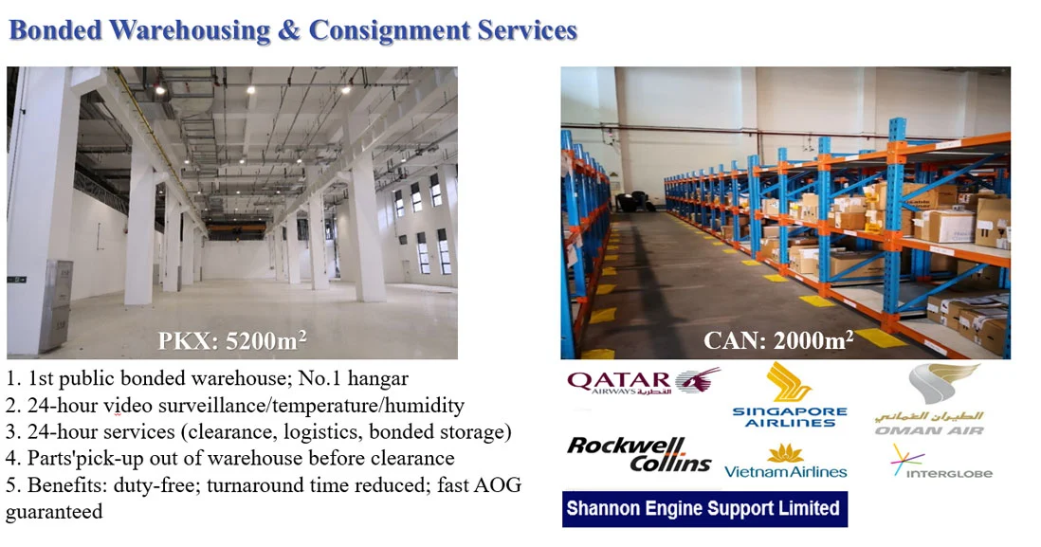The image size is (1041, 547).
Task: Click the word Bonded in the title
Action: [56, 30]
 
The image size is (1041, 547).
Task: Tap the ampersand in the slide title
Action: [289, 31]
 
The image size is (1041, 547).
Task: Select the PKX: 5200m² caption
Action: [232, 340]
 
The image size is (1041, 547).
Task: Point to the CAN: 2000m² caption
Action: [778, 340]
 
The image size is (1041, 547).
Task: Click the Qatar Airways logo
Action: [644, 382]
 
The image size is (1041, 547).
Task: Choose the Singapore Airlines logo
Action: [790, 395]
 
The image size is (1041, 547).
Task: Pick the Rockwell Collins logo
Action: [639, 455]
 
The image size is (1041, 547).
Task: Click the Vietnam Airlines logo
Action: [785, 462]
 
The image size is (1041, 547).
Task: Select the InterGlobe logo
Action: [941, 462]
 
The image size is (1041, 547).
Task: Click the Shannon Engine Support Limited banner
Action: [704, 509]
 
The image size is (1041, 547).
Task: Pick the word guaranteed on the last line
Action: [54, 513]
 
